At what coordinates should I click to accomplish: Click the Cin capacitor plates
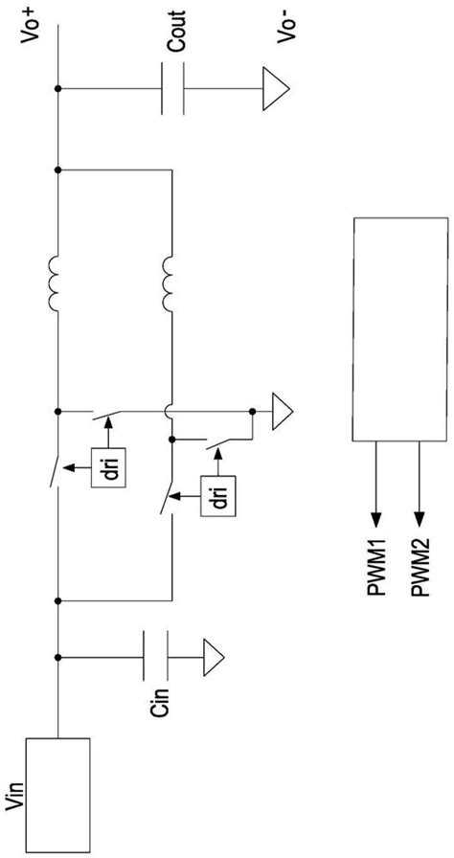[155, 655]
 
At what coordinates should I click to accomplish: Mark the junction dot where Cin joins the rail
[58, 656]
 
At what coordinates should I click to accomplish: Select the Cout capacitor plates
[172, 89]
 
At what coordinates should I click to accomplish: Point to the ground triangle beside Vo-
[275, 89]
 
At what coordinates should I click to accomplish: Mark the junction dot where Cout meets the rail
[58, 89]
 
